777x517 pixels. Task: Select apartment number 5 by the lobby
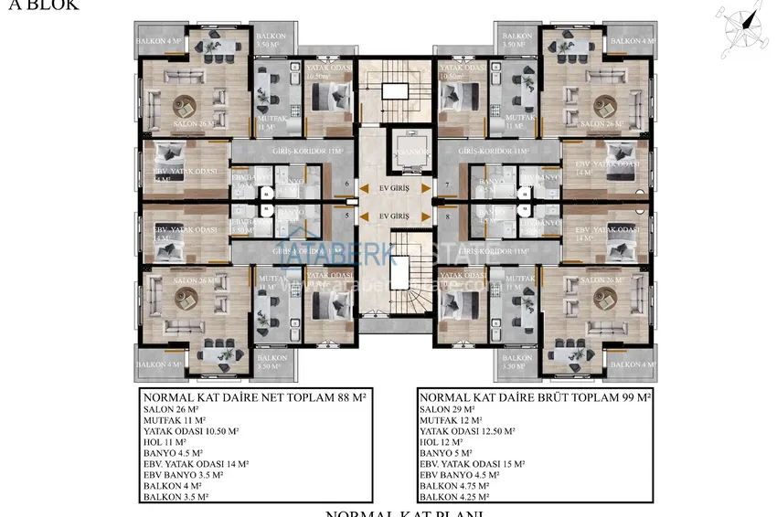[346, 216]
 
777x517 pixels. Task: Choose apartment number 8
[447, 216]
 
